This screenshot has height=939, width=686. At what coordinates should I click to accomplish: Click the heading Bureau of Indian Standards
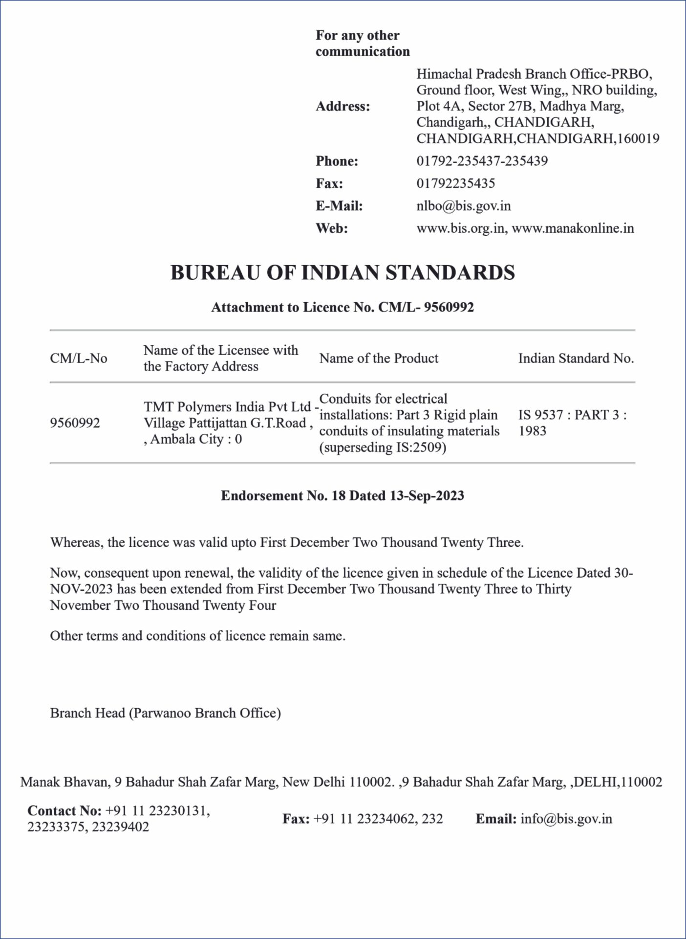click(343, 273)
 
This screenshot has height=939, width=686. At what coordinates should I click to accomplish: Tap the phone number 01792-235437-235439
click(482, 161)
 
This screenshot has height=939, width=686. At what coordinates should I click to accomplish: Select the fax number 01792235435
click(455, 183)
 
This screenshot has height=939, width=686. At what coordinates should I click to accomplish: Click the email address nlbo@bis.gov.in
click(463, 206)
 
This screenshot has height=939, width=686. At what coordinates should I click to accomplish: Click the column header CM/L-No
click(78, 358)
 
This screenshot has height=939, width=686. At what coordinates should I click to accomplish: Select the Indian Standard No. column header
click(576, 358)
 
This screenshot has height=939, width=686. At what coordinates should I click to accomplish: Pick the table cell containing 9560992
click(75, 423)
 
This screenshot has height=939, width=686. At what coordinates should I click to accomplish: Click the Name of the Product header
click(379, 358)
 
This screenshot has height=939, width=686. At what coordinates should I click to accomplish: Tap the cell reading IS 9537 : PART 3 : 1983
click(572, 423)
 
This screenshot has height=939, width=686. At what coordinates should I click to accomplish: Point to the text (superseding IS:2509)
click(383, 447)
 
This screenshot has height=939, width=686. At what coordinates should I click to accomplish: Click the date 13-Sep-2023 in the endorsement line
click(427, 496)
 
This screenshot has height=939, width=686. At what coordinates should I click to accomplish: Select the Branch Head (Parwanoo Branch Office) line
click(165, 713)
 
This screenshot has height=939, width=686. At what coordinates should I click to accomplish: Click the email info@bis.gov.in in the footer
click(566, 819)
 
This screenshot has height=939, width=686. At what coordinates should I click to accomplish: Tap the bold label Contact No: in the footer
click(64, 811)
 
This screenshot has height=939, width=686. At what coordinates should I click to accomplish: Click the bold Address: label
click(343, 106)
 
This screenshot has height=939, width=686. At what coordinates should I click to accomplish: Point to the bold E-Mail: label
click(339, 206)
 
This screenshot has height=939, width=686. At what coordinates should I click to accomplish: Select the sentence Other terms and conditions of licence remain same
click(197, 636)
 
